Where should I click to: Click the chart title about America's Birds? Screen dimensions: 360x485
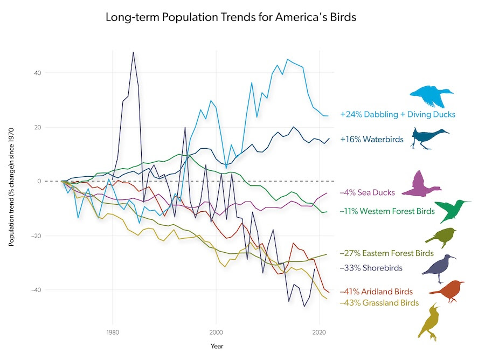231,17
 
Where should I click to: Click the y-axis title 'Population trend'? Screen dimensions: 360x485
11,187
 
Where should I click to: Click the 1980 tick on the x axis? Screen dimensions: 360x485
113,333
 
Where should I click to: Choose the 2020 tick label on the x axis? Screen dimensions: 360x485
320,333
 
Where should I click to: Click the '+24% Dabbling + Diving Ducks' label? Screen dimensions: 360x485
398,114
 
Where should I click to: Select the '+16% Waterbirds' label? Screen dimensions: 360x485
372,139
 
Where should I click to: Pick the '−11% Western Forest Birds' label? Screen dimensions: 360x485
387,211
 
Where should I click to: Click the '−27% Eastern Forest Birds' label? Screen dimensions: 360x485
386,253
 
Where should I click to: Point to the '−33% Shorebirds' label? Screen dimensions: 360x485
371,267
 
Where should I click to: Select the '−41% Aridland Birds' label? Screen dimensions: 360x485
376,292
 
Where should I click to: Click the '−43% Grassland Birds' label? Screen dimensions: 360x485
379,303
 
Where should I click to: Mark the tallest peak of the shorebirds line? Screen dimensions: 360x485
133,52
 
